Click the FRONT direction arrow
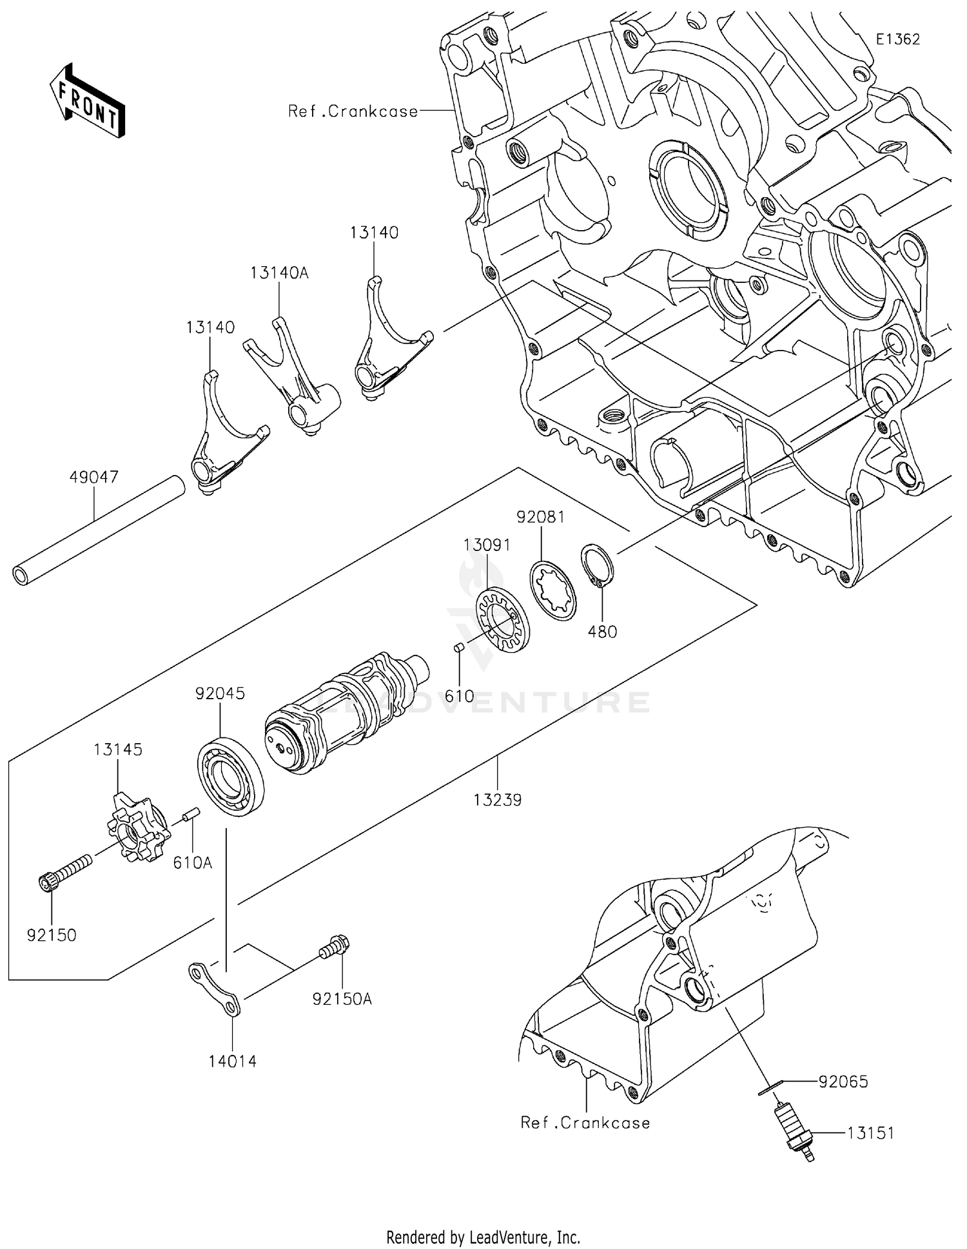tap(87, 101)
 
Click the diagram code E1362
tap(897, 39)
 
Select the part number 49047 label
tap(94, 478)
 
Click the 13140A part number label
tap(279, 273)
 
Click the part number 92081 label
tap(540, 517)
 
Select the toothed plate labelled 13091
tap(502, 623)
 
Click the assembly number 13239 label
tap(497, 800)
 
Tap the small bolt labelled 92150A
tap(335, 949)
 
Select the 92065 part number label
tap(843, 1081)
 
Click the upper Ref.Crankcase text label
tap(353, 111)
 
